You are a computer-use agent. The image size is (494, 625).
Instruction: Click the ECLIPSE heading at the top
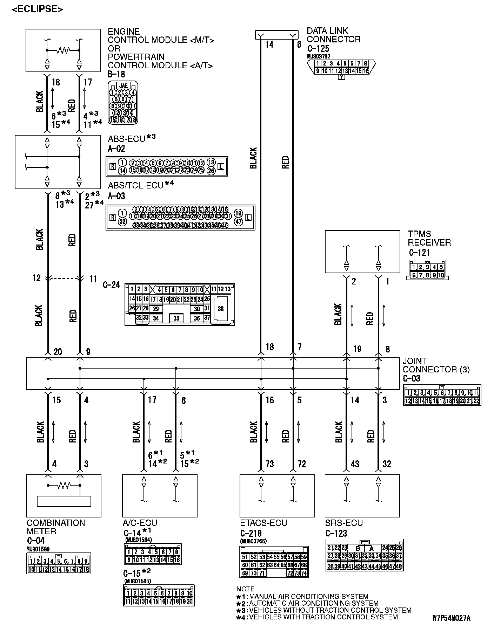(38, 9)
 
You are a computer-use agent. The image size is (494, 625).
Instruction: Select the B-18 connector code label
(116, 74)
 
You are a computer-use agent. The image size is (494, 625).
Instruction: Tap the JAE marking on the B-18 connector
(123, 85)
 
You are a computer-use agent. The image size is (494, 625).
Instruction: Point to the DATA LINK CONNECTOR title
(333, 35)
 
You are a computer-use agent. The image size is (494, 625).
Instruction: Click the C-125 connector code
(318, 49)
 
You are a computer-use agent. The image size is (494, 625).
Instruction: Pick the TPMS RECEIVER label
(429, 238)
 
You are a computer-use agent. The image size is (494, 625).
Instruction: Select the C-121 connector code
(419, 253)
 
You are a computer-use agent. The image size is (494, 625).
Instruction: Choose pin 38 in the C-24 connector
(220, 309)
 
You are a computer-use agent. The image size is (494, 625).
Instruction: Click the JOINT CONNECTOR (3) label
(436, 365)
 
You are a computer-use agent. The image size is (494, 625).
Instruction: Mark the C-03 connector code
(411, 378)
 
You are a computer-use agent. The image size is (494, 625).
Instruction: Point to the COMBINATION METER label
(55, 527)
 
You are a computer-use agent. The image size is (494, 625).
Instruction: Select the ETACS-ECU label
(263, 523)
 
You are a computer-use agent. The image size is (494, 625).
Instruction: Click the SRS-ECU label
(344, 523)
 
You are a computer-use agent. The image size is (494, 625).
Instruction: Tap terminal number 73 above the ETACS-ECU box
(269, 464)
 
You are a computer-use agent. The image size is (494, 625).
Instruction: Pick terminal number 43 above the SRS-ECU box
(355, 464)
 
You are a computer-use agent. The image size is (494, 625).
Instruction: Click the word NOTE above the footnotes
(245, 589)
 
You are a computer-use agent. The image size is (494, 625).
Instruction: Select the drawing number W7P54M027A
(452, 617)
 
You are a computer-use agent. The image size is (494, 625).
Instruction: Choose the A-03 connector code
(116, 196)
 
